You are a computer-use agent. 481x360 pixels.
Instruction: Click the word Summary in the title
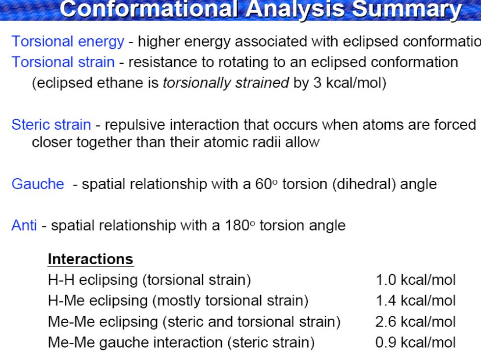[x=406, y=9]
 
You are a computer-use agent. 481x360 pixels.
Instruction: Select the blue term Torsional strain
[x=63, y=62]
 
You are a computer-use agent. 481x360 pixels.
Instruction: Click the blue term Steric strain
[x=51, y=125]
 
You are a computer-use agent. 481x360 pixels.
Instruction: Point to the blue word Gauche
[x=38, y=184]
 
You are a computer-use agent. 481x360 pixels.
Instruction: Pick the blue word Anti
[x=24, y=225]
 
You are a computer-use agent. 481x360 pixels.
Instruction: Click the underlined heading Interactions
[x=90, y=259]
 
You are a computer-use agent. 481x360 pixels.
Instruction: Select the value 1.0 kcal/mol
[x=416, y=280]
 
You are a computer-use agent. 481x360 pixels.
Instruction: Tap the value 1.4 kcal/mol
[x=416, y=301]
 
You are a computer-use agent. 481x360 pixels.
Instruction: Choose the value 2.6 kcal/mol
[x=415, y=322]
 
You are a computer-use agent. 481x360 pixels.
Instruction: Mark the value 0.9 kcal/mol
[x=415, y=342]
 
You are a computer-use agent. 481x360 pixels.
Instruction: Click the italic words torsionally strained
[x=226, y=83]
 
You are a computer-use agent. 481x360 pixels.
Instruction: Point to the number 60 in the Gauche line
[x=264, y=184]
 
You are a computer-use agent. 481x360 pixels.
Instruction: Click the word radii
[x=268, y=142]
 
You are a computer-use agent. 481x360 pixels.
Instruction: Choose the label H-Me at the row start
[x=66, y=301]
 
